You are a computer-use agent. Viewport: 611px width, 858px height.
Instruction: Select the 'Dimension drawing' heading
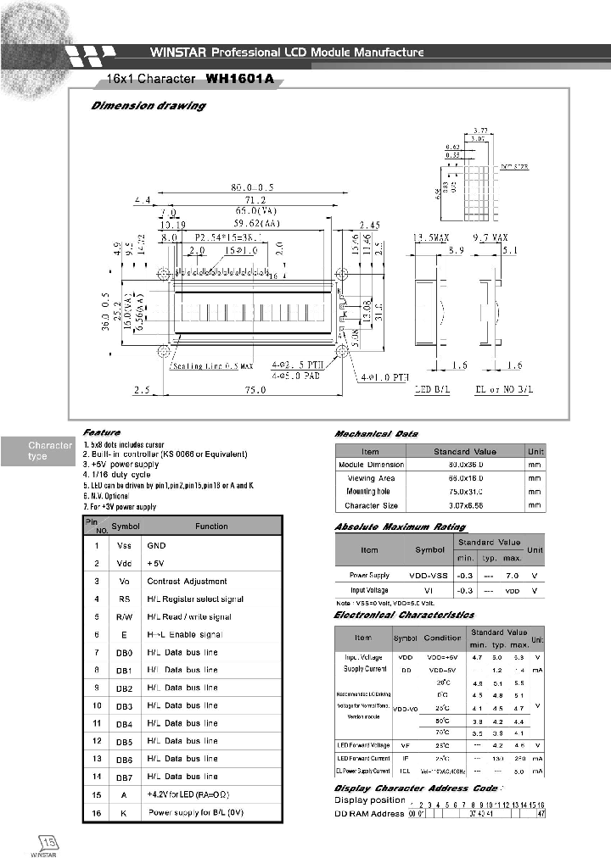point(148,106)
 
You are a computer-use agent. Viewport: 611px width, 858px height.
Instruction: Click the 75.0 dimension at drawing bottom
point(255,391)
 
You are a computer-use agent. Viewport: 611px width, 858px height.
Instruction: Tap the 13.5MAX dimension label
point(433,239)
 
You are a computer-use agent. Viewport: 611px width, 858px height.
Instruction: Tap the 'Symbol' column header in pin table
point(126,526)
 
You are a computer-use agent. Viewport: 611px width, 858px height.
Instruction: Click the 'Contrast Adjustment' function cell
point(187,582)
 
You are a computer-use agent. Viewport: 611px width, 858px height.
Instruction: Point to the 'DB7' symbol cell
point(123,777)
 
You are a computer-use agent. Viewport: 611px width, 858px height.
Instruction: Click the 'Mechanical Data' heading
point(376,434)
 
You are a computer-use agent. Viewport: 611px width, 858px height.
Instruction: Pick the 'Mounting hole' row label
point(370,492)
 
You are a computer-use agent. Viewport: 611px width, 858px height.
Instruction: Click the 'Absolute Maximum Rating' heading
point(400,526)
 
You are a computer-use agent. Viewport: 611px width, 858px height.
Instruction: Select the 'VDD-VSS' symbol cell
point(429,576)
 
